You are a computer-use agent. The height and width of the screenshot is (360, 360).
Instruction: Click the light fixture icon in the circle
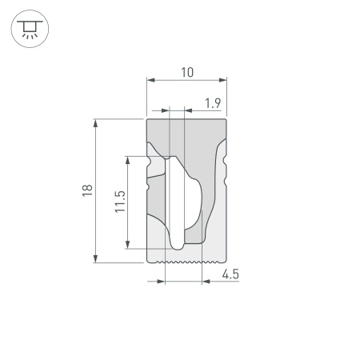tap(29, 29)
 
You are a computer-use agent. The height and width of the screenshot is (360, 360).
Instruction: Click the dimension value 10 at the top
tap(186, 72)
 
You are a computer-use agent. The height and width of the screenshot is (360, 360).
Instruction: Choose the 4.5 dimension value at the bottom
tap(230, 274)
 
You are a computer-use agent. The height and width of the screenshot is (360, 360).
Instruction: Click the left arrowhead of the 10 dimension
tap(150, 80)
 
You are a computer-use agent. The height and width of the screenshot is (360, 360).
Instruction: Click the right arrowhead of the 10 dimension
tap(225, 80)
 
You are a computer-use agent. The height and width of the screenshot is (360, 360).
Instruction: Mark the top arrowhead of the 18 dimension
tap(96, 122)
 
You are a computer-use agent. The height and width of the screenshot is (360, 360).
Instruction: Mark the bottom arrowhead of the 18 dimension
tap(96, 258)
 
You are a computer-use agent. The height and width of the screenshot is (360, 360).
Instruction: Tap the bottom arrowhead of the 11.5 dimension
tap(128, 244)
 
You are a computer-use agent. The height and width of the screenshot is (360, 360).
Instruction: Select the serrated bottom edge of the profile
tap(186, 261)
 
